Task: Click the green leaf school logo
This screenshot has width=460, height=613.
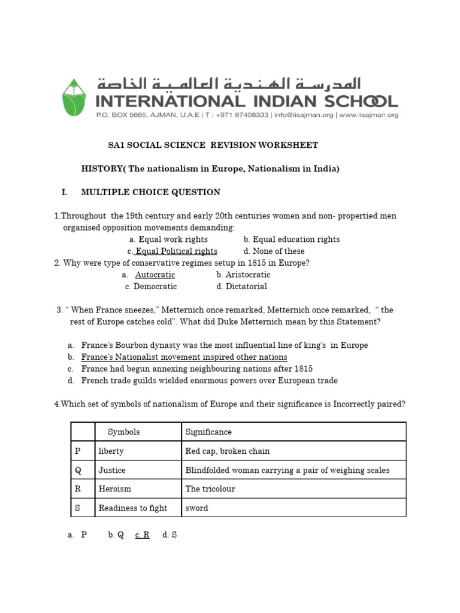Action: (x=74, y=97)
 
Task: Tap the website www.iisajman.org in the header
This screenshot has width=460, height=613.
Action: (x=370, y=115)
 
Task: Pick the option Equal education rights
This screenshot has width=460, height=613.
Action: (x=292, y=239)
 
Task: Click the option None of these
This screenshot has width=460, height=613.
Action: (x=274, y=251)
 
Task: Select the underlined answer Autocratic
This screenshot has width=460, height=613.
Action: (x=155, y=275)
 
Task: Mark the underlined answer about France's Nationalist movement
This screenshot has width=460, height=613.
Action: (x=184, y=357)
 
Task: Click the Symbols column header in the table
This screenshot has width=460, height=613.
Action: (x=123, y=432)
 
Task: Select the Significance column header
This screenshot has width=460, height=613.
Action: (x=208, y=432)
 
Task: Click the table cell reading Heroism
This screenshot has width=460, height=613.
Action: (x=115, y=489)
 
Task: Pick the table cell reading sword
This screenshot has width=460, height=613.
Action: (x=197, y=508)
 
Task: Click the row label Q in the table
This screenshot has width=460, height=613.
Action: (x=78, y=470)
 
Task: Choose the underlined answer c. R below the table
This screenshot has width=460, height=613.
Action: (x=143, y=535)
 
